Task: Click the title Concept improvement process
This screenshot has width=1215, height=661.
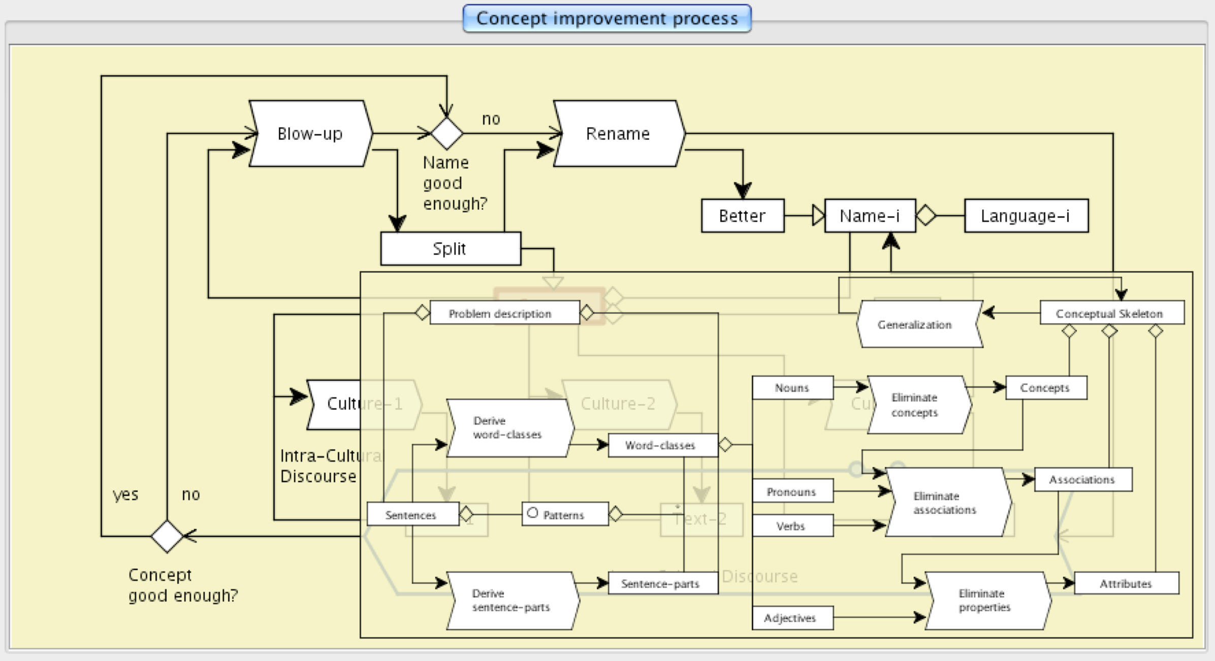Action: tap(607, 19)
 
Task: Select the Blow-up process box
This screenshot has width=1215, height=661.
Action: tap(310, 134)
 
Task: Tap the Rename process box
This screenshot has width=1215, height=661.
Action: tap(618, 134)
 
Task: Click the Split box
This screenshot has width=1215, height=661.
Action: tap(451, 249)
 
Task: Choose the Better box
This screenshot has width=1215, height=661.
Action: tap(742, 216)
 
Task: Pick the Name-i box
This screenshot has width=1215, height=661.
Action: tap(870, 216)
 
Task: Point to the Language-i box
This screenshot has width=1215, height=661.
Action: tap(1026, 216)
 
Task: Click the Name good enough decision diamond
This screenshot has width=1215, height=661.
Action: tap(446, 134)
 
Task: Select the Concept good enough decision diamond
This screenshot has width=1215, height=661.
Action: tap(167, 536)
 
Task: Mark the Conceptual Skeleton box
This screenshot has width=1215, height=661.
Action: tap(1111, 313)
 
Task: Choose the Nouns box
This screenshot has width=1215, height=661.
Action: tap(792, 388)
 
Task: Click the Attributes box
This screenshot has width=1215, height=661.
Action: tap(1126, 583)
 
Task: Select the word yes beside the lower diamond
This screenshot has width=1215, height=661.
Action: tap(125, 494)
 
